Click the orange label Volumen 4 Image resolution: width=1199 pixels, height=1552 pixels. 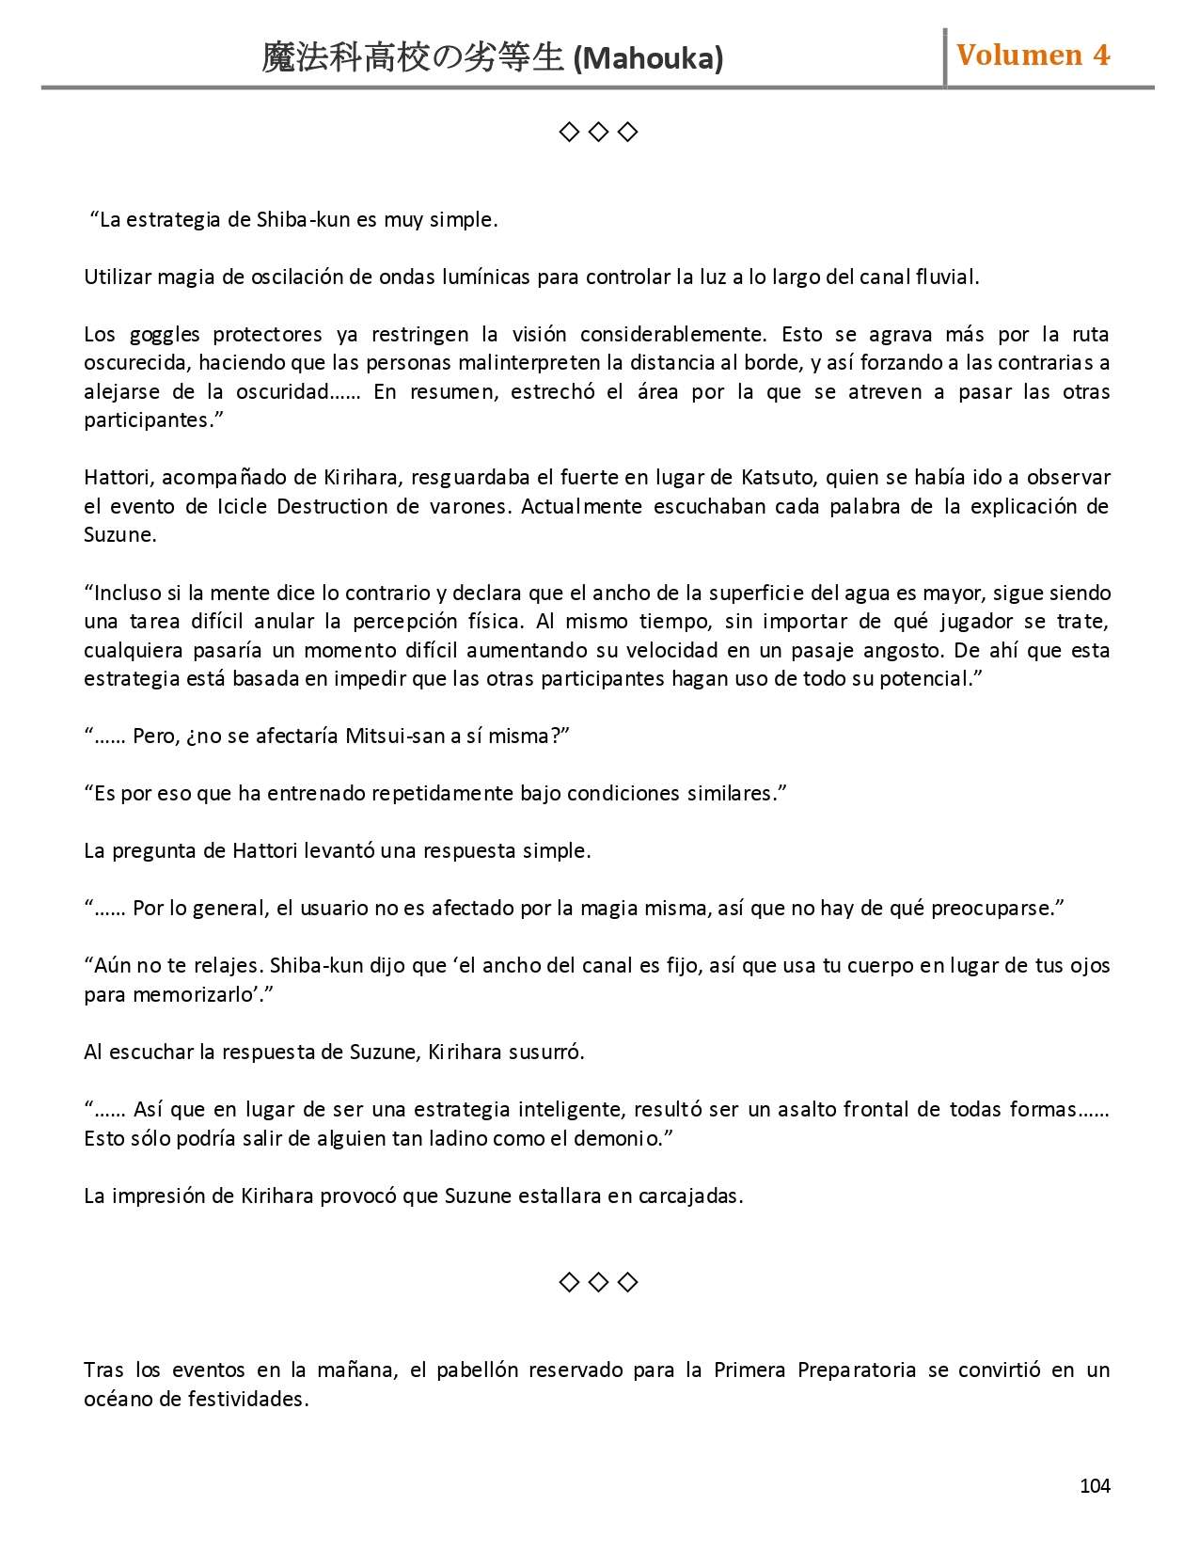tap(1033, 55)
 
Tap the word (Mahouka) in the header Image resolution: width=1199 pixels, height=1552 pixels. tap(648, 59)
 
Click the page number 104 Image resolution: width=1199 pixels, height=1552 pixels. tap(1095, 1485)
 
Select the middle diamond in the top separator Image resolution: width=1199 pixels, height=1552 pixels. tap(598, 133)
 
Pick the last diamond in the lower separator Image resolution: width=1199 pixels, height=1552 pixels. tap(628, 1282)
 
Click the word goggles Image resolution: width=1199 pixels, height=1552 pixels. tap(165, 335)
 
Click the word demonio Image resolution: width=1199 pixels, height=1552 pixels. tap(623, 1138)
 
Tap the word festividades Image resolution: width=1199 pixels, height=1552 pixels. tap(248, 1399)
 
